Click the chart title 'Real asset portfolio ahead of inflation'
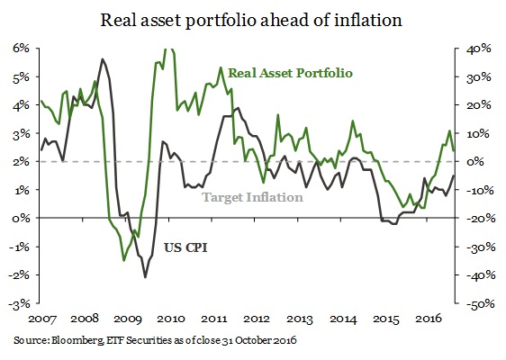click(x=253, y=18)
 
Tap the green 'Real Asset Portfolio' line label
click(x=290, y=71)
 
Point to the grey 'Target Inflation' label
click(x=251, y=197)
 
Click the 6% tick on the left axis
click(x=20, y=49)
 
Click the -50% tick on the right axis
click(x=476, y=303)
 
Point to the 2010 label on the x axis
click(x=171, y=319)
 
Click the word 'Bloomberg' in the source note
click(x=75, y=341)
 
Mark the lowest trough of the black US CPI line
click(x=145, y=277)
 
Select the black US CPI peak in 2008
click(x=102, y=59)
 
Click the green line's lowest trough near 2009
click(x=124, y=260)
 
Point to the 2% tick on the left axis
click(x=20, y=162)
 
